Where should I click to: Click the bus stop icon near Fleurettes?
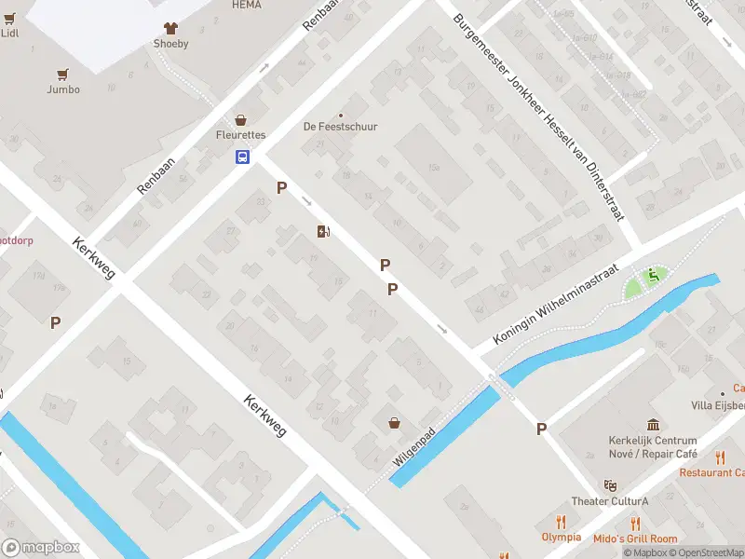[x=242, y=157]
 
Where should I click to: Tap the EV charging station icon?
[x=323, y=231]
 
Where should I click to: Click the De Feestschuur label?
[x=341, y=127]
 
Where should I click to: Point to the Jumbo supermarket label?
[x=63, y=89]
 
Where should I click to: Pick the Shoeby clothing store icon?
[x=169, y=28]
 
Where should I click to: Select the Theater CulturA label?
[x=610, y=501]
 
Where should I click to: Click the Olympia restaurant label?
[x=562, y=537]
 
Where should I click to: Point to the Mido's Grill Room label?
[x=636, y=539]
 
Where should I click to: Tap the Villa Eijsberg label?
[x=717, y=405]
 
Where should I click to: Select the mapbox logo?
[x=41, y=548]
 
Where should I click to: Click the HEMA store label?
[x=246, y=5]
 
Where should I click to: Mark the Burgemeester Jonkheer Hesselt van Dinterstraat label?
[x=539, y=116]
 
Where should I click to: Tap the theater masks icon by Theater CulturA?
[x=610, y=485]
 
